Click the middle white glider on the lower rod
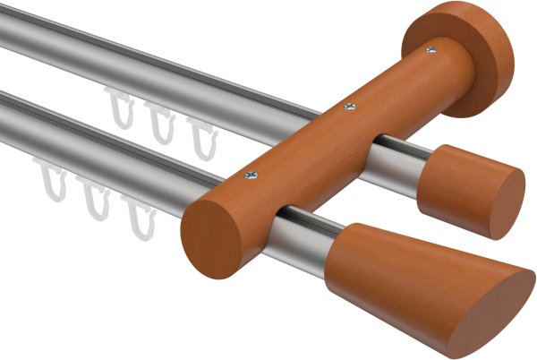pos(93,199)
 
